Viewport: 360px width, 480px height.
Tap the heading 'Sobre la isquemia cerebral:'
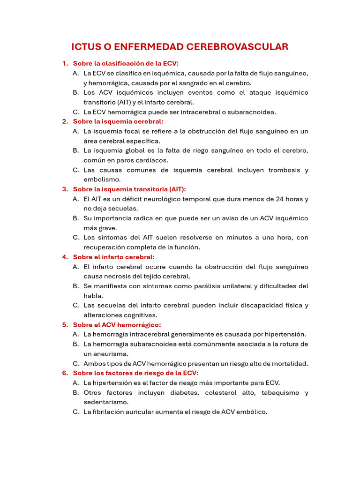pyautogui.click(x=118, y=121)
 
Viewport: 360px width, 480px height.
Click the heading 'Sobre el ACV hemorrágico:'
pyautogui.click(x=117, y=324)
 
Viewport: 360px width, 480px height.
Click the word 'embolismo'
pyautogui.click(x=102, y=180)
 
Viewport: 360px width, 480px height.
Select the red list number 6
pyautogui.click(x=65, y=373)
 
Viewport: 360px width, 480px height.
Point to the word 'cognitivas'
pyautogui.click(x=141, y=315)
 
